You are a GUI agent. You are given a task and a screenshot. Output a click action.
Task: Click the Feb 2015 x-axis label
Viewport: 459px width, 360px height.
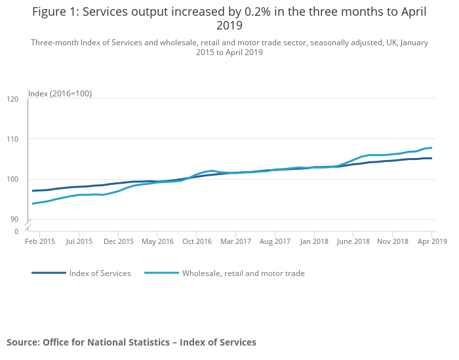point(39,241)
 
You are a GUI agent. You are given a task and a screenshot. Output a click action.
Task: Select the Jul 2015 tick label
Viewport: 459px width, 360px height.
point(79,241)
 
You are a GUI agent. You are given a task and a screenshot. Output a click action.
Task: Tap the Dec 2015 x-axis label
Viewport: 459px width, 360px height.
point(119,241)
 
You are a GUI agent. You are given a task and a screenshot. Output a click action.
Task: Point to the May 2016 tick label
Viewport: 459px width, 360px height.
point(157,241)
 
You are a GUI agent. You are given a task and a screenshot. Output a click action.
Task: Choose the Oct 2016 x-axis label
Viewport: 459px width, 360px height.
point(197,241)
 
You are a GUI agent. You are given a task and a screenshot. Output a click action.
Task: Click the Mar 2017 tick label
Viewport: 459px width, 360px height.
point(235,241)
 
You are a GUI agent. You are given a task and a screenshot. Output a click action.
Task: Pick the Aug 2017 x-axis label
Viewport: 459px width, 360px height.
point(275,241)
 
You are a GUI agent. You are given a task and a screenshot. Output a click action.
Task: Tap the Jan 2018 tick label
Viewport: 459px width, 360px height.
point(313,241)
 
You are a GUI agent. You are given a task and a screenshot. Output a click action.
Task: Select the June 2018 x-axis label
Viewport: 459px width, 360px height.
point(353,241)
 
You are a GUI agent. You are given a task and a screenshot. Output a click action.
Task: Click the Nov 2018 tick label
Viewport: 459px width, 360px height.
point(393,241)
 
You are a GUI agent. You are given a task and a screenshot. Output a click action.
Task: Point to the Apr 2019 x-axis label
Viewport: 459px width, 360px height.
point(432,241)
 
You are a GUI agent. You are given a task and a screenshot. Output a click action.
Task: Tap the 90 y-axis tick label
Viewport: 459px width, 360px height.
point(14,219)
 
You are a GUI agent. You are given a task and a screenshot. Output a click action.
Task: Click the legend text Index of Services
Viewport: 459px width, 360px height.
point(100,273)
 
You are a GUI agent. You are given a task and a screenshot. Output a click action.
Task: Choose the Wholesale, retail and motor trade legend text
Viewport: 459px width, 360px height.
point(243,273)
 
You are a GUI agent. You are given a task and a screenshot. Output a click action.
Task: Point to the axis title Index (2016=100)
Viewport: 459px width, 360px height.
point(60,94)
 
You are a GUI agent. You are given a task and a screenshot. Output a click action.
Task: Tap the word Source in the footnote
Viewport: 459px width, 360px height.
point(22,342)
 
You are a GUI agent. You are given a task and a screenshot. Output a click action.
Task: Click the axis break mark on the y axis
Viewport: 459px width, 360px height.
point(28,226)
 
